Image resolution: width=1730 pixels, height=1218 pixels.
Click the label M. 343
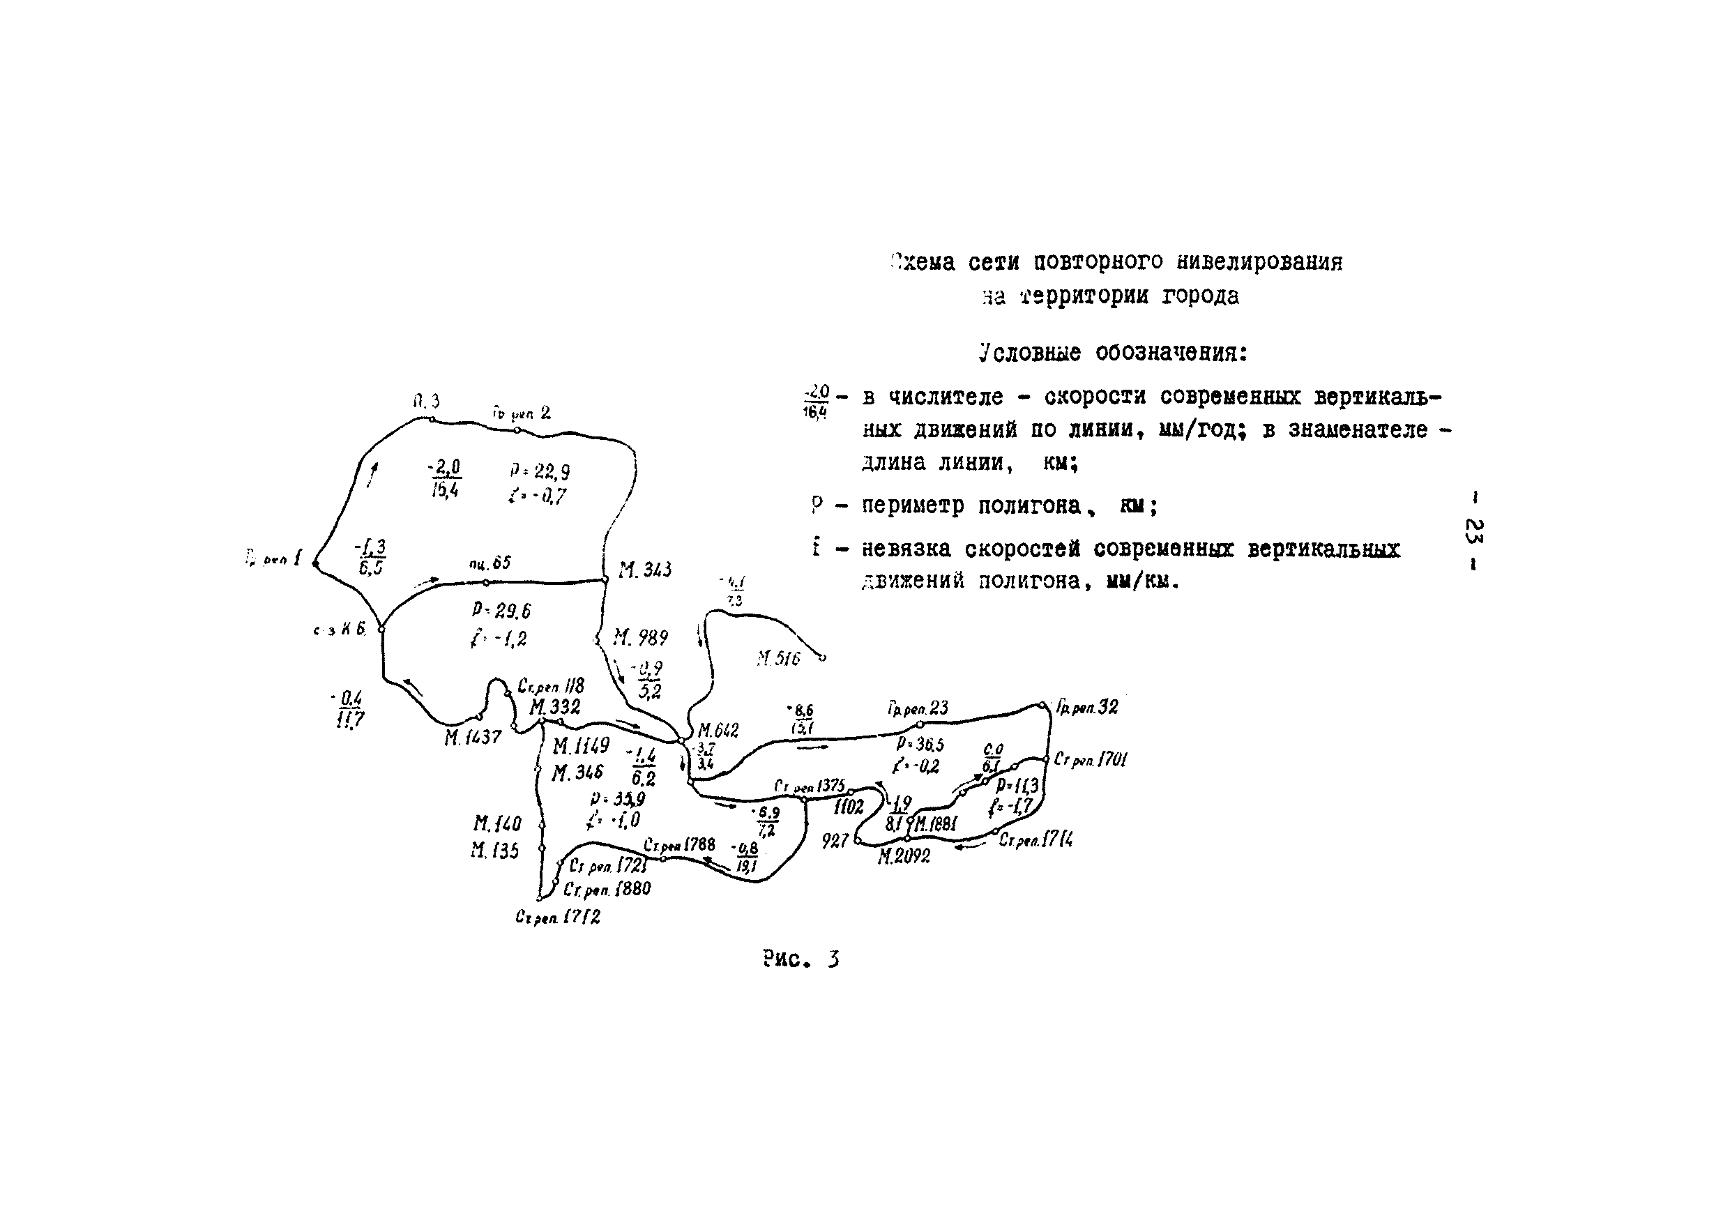644,570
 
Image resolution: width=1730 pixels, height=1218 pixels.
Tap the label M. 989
639,638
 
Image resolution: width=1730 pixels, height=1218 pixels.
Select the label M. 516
778,659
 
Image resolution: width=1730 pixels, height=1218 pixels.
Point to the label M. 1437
473,738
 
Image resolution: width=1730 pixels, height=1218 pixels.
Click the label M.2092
904,856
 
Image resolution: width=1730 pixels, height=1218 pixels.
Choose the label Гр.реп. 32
1086,706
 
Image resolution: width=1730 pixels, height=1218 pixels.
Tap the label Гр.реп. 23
918,708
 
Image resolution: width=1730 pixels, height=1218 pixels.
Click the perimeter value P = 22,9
540,471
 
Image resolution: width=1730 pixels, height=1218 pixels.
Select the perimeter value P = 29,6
502,610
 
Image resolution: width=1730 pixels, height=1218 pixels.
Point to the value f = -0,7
536,496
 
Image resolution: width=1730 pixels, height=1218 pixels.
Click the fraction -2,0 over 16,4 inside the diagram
445,479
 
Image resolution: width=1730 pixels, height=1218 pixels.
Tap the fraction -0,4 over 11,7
349,710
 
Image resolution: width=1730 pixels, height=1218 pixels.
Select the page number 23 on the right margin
1473,531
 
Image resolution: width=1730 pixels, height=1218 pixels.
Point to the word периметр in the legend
918,505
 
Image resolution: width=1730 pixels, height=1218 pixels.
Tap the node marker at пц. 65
486,582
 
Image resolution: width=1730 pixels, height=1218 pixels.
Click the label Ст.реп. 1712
558,918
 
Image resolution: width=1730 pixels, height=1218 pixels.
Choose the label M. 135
495,851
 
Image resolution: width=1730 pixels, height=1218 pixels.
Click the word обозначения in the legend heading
1171,353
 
